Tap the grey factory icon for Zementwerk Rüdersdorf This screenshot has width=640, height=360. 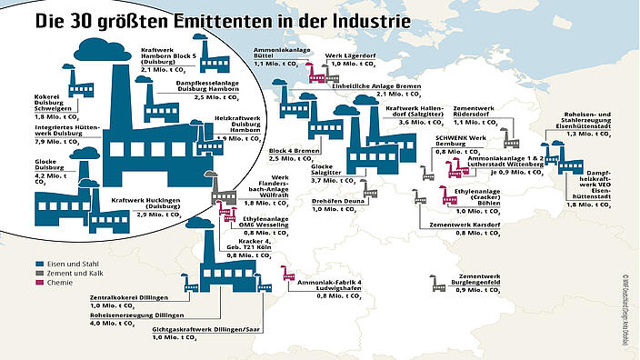coord(512,142)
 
